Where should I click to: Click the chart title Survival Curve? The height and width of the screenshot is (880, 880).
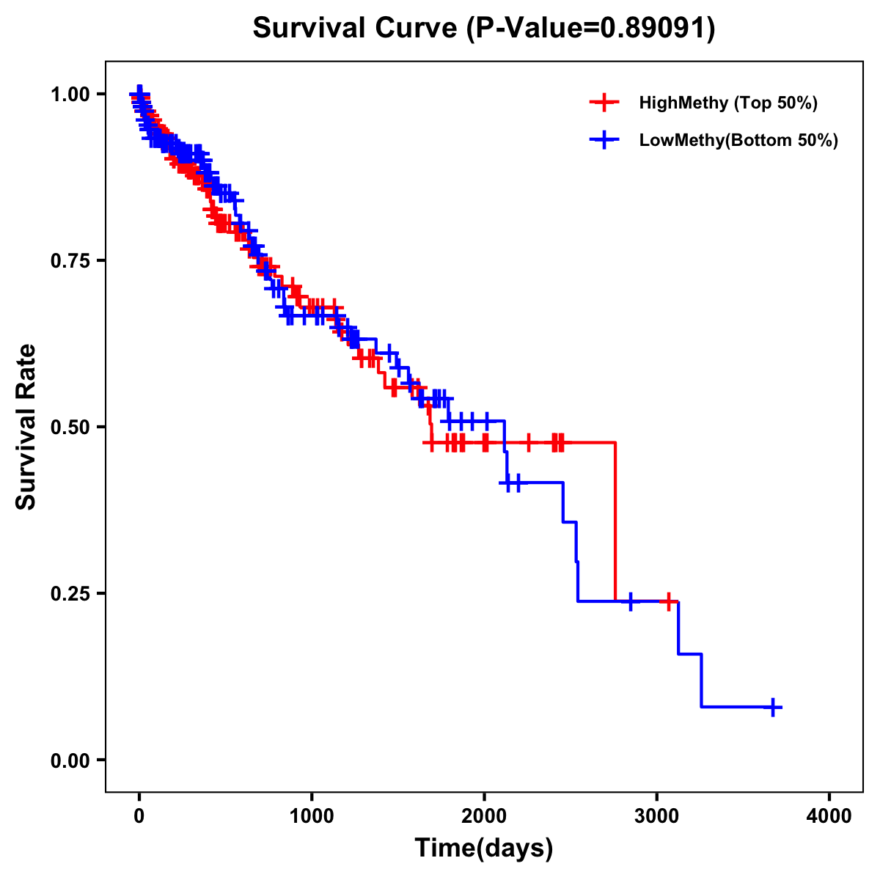[356, 29]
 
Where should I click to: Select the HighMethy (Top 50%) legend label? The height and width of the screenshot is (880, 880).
[727, 103]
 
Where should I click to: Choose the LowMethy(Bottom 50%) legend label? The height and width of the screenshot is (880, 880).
[738, 141]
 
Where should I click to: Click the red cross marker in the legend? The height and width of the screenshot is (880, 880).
[604, 103]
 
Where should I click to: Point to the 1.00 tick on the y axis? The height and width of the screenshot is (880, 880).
[69, 94]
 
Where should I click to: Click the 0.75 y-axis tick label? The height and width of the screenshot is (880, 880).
[69, 260]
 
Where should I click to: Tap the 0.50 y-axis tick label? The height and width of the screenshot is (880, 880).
[69, 427]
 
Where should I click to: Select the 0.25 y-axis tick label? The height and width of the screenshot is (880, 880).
[69, 593]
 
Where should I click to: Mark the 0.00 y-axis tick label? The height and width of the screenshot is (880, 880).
[69, 760]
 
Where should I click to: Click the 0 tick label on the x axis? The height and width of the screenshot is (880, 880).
[139, 816]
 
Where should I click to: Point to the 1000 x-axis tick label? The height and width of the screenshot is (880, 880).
[312, 816]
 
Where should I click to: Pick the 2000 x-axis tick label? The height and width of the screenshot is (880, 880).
[484, 816]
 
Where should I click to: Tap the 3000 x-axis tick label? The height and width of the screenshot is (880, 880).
[657, 816]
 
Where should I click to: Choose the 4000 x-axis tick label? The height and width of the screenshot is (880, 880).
[829, 816]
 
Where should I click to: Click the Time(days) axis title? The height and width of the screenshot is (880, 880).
[484, 848]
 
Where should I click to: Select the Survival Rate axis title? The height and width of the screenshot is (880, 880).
[26, 427]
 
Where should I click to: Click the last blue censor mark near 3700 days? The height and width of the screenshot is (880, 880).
[772, 707]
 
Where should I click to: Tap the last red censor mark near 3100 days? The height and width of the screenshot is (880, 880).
[668, 601]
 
